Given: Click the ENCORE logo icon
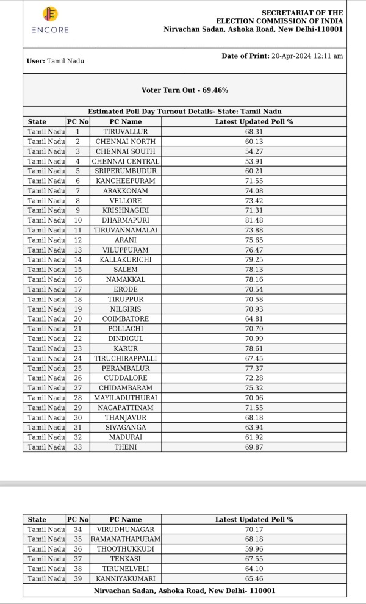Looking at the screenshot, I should (50, 15).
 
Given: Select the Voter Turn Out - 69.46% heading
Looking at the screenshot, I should (185, 90).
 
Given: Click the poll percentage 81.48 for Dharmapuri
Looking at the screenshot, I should (254, 220).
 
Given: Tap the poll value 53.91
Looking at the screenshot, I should (254, 161).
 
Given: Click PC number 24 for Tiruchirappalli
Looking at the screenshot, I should (77, 359).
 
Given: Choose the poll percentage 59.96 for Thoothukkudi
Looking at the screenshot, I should (254, 549).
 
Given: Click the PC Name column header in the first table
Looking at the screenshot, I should (125, 121).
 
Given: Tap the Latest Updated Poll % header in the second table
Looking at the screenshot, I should (254, 519).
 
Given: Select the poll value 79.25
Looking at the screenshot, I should (254, 260).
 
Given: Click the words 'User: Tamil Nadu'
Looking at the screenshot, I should (56, 61).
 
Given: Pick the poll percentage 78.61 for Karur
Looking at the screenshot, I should (254, 348).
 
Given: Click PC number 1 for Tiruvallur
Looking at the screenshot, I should (77, 131).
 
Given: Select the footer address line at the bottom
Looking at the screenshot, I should (184, 591).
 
